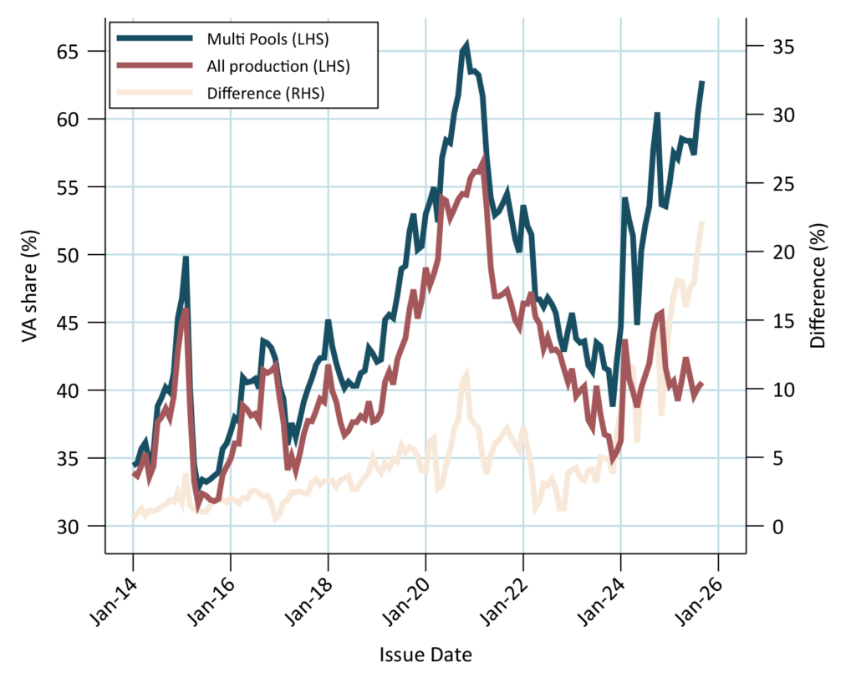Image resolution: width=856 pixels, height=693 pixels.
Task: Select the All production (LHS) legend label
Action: click(278, 65)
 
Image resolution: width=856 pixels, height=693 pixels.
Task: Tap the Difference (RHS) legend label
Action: click(265, 93)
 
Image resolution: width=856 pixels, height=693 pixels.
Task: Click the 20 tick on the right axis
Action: click(768, 252)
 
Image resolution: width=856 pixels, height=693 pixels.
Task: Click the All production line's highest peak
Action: click(483, 159)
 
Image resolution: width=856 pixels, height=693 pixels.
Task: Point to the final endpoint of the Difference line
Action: click(703, 222)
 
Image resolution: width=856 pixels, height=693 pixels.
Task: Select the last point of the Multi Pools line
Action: click(702, 82)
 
